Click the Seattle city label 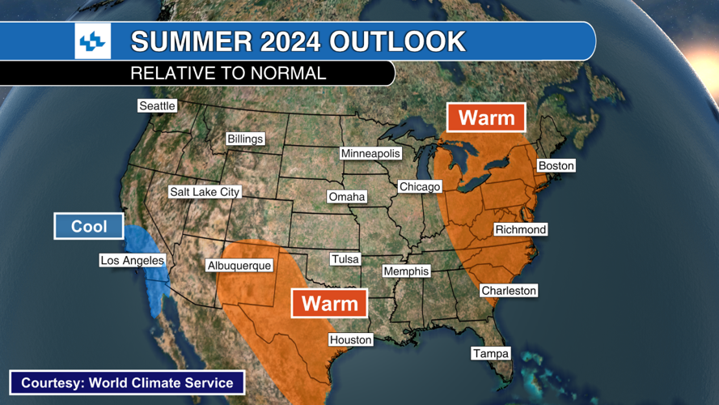coord(157,106)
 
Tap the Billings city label coord(245,139)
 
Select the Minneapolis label coord(370,154)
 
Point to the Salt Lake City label coord(205,192)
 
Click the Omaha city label coord(347,197)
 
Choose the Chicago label coord(420,187)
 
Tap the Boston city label coord(556,166)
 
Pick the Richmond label coord(521,230)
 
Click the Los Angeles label coord(132,261)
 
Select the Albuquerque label coord(239,266)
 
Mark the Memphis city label coord(406,271)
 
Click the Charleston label coord(509,291)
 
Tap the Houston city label coord(350,340)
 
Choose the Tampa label coord(491,354)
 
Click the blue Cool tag coord(89,227)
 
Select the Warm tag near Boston coord(486,118)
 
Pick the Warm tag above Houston coord(329,304)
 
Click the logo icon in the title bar coord(93,40)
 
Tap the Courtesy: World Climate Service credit coord(127,383)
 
